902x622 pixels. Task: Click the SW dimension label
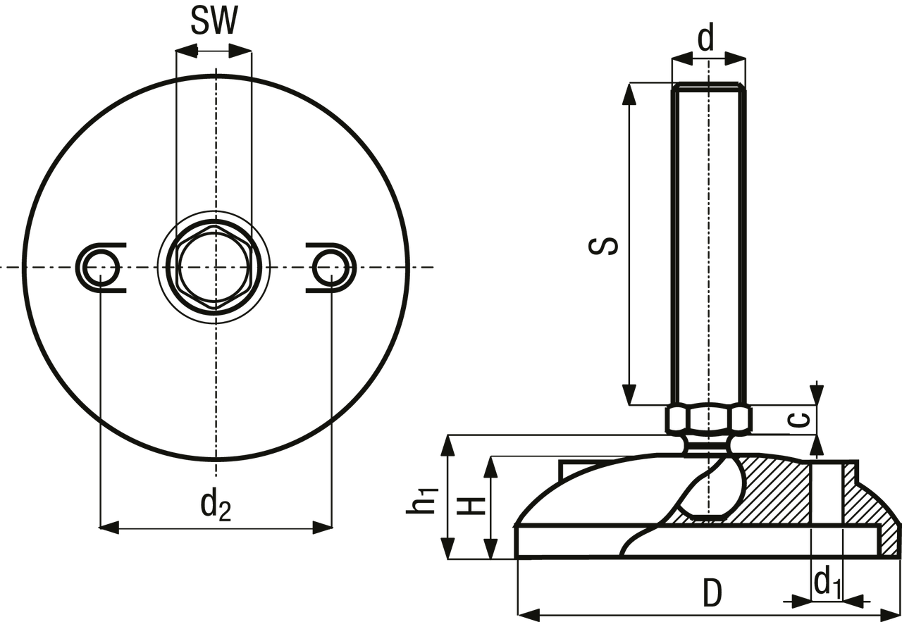click(214, 20)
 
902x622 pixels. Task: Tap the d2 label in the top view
click(216, 505)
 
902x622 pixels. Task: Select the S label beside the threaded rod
click(603, 246)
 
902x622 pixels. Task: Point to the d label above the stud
click(705, 37)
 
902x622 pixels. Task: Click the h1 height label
click(421, 499)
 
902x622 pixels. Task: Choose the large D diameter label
click(712, 592)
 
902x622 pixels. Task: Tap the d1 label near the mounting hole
click(828, 583)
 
